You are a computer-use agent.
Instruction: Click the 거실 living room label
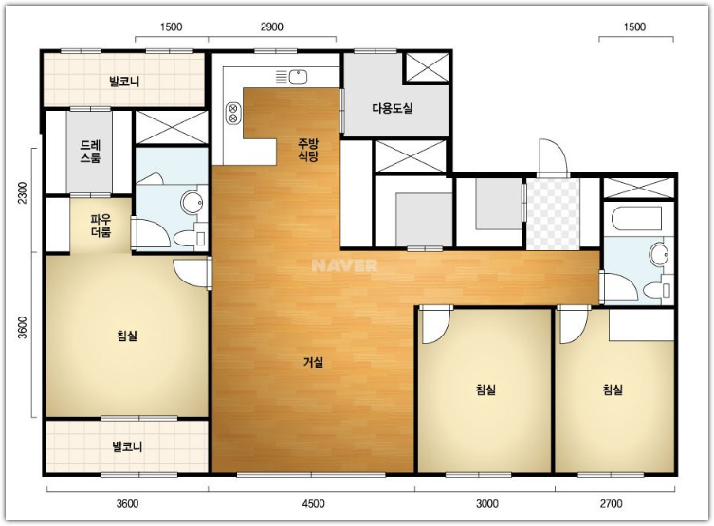tap(313, 362)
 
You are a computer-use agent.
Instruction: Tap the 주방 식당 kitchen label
tap(308, 150)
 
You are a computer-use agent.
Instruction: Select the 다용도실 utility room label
tap(392, 108)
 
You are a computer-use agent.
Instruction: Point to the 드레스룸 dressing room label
tap(90, 152)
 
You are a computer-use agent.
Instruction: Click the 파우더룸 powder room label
tap(101, 227)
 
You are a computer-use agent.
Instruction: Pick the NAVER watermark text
tap(344, 265)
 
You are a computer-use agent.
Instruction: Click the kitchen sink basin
tap(298, 77)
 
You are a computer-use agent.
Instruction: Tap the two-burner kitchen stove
tap(233, 114)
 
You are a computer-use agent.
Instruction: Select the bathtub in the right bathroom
tap(636, 219)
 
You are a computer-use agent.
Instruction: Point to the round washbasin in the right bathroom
tap(658, 255)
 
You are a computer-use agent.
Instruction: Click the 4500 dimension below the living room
tap(313, 503)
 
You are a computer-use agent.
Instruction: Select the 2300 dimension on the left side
tap(23, 192)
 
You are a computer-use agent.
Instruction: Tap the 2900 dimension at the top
tap(272, 27)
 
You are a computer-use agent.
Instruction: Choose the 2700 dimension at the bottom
tap(611, 503)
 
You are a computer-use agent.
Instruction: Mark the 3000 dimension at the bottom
tap(487, 503)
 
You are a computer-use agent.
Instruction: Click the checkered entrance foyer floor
tap(553, 214)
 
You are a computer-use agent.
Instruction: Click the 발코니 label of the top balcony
tap(124, 82)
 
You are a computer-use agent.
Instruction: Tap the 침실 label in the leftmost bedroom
tap(127, 336)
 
